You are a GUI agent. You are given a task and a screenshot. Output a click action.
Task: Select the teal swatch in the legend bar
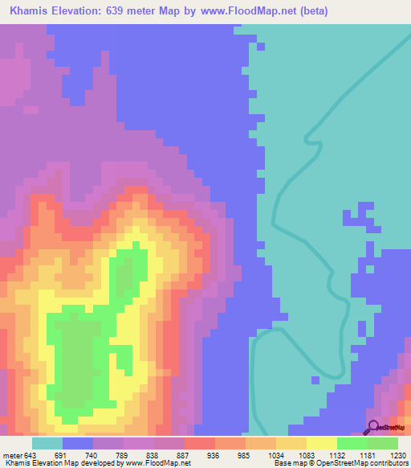coord(47,444)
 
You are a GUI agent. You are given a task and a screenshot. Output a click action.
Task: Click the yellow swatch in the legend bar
coord(321,444)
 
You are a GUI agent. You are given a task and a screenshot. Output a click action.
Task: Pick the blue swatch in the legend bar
coord(77,444)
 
